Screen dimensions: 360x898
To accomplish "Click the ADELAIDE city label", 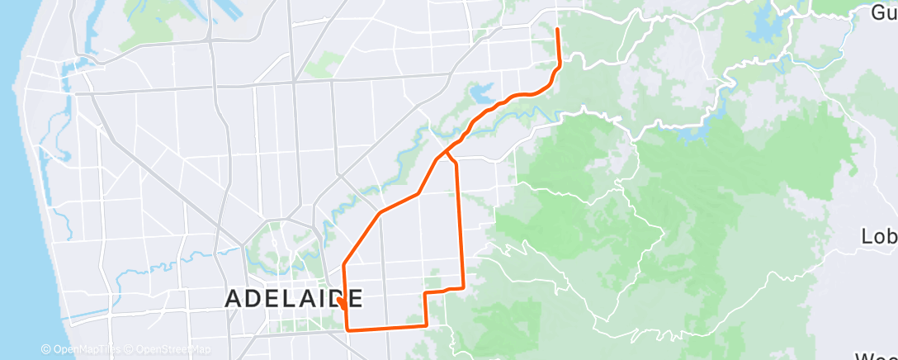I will coord(294,298).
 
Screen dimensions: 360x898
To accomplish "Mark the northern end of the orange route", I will coord(558,30).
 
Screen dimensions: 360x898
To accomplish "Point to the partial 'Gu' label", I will coord(884,12).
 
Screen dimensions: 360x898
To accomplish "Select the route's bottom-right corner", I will coord(427,325).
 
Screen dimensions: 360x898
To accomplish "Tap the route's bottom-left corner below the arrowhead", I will coord(347,329).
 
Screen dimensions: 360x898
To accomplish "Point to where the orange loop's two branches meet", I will coord(447,152).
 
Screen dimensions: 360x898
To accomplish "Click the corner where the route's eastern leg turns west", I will coord(463,287).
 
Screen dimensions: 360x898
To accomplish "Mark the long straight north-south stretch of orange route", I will coord(460,223).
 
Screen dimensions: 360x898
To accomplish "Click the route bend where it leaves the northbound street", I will coord(343,264).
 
